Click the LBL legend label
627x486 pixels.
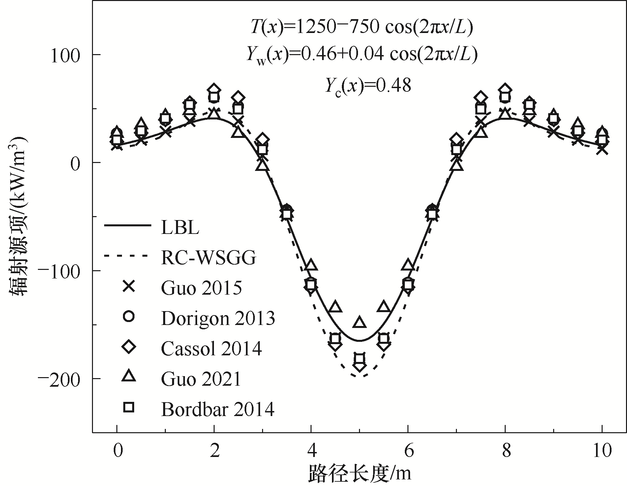[180, 228]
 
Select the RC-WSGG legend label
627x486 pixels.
[208, 258]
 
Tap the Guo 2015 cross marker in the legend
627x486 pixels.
[129, 287]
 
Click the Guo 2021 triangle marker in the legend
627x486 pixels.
[129, 376]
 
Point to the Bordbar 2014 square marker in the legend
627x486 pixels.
[129, 408]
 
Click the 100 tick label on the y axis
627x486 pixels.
[65, 55]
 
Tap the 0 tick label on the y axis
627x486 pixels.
[76, 163]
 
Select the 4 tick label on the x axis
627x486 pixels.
[311, 451]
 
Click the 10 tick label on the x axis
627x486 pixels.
[602, 451]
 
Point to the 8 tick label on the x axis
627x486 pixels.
[505, 451]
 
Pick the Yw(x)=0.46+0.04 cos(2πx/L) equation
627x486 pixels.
[362, 55]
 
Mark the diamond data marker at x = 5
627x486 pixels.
[359, 366]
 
